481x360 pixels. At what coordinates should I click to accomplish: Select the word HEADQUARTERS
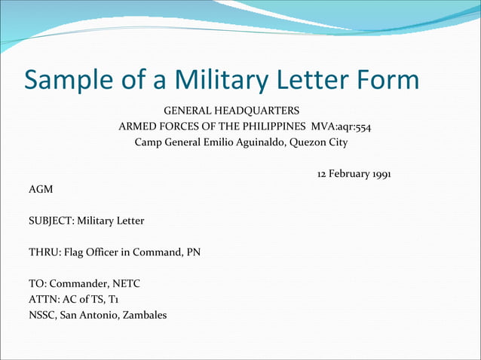255,111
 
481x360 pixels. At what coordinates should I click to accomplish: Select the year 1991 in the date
377,174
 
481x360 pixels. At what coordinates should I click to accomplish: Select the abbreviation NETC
125,284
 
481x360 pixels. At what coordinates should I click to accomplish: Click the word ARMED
136,127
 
